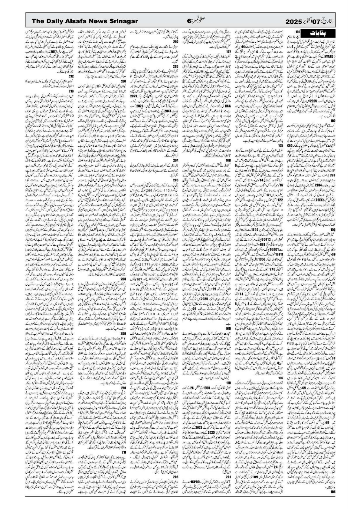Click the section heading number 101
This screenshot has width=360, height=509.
(298, 31)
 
